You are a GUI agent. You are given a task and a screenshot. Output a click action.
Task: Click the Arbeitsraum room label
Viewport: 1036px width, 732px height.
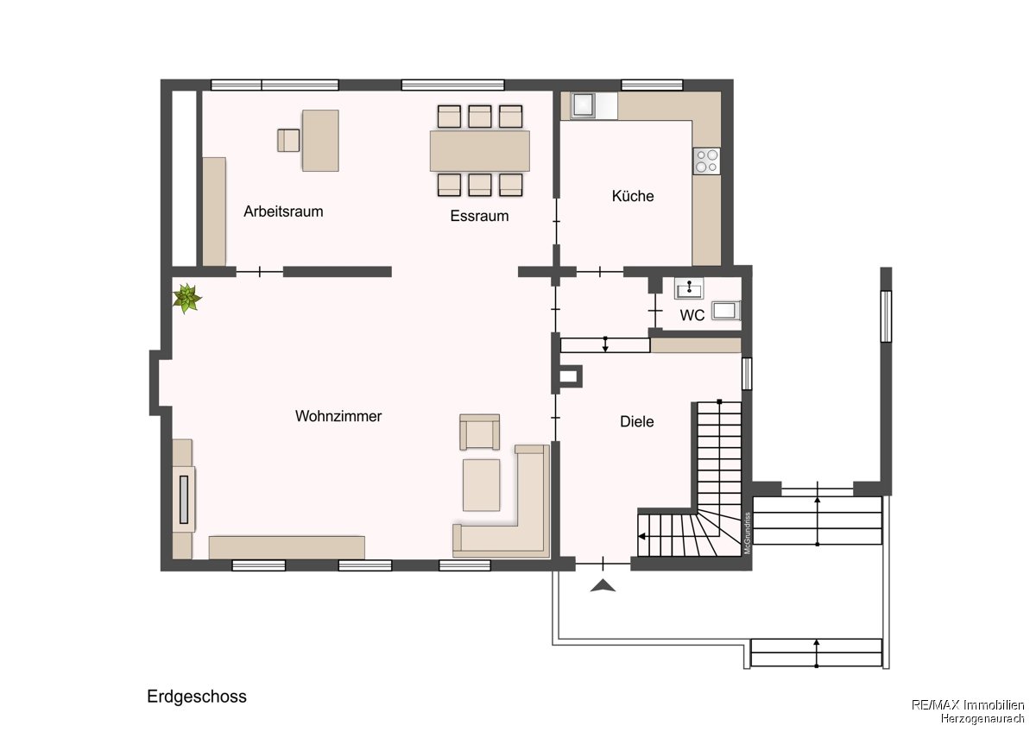(x=283, y=211)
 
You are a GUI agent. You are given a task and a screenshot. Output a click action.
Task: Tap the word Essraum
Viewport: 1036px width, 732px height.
(x=479, y=216)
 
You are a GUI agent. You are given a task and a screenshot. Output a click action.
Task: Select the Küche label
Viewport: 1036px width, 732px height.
(x=633, y=196)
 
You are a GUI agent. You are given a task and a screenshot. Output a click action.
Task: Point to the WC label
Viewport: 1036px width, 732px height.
(x=692, y=315)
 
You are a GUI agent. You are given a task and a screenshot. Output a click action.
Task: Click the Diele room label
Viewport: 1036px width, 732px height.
(x=637, y=422)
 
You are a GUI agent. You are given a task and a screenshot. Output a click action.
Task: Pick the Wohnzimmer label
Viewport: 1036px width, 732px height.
(x=338, y=416)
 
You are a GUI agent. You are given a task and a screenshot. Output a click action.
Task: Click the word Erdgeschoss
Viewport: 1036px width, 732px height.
(x=197, y=697)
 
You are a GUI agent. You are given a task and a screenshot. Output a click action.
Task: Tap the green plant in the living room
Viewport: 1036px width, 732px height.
(x=186, y=299)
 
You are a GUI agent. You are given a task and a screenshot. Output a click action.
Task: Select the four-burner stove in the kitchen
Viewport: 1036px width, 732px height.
(x=707, y=161)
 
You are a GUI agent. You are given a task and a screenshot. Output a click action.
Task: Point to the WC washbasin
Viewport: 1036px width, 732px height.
(x=689, y=288)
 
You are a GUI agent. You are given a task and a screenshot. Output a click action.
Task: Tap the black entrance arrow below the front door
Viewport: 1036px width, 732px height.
(x=603, y=586)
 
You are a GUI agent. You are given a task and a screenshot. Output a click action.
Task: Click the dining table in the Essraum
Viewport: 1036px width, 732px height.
(x=480, y=151)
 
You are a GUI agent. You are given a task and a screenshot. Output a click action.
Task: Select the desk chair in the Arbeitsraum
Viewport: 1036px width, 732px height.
(x=288, y=141)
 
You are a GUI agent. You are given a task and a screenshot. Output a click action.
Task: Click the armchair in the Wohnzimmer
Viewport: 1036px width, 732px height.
(x=480, y=432)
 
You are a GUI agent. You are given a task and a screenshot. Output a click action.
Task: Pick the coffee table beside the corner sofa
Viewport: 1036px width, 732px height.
(x=481, y=485)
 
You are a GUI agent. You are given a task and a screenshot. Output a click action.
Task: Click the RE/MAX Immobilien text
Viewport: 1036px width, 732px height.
(x=968, y=704)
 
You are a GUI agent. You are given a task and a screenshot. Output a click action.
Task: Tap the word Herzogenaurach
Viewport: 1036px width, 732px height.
(x=982, y=718)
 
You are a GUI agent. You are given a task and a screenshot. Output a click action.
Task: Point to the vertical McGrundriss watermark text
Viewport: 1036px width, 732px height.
(x=748, y=533)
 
